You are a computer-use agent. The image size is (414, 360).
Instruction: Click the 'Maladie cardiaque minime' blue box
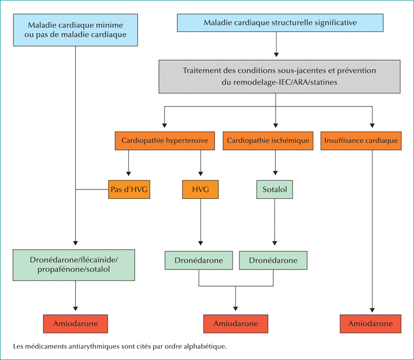tap(76, 30)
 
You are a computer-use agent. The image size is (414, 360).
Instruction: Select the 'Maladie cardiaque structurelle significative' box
tap(280, 22)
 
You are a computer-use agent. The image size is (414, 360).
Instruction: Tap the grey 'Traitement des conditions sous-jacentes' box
tap(279, 76)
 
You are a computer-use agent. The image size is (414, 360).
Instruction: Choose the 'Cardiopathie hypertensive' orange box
tap(165, 140)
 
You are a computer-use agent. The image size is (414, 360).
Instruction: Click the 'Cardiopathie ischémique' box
tap(268, 140)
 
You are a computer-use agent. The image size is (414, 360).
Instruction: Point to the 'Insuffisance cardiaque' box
tap(361, 140)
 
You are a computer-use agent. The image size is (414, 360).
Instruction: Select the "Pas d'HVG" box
tap(129, 189)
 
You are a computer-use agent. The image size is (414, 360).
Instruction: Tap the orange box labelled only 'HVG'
tap(200, 189)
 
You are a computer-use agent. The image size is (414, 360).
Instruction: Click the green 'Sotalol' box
tap(274, 189)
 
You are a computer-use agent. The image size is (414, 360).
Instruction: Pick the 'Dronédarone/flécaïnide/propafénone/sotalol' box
tap(74, 265)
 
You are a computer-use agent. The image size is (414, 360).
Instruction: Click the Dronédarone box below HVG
tap(199, 261)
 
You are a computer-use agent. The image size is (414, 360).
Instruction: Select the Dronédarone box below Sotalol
tap(273, 261)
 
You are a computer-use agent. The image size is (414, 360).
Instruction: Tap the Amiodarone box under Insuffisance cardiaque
tap(370, 323)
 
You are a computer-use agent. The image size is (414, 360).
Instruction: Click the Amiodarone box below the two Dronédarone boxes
tap(236, 323)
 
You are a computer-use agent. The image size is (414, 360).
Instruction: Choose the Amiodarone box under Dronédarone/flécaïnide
tap(76, 323)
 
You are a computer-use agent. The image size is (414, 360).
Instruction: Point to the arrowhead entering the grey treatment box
tap(276, 54)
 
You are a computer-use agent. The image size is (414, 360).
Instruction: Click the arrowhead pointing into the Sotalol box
tap(276, 173)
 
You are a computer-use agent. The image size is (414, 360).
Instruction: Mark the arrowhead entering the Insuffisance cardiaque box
tap(372, 126)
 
